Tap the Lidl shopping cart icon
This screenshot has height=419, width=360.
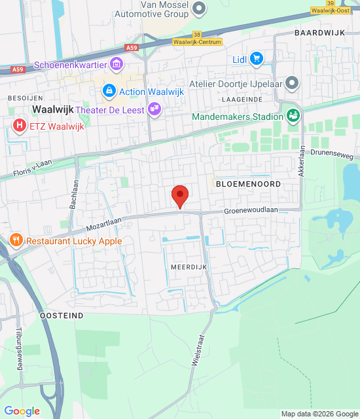(256, 60)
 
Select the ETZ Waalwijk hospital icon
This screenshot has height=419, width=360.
(20, 126)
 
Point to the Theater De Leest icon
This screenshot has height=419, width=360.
(154, 109)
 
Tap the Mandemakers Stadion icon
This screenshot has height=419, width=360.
(293, 117)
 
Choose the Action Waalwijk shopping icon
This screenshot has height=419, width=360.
(109, 91)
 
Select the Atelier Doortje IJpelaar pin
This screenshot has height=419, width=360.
(292, 82)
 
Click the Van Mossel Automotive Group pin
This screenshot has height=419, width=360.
(199, 8)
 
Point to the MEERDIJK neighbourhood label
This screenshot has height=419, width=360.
(189, 268)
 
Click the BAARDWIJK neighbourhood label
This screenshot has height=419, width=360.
(319, 32)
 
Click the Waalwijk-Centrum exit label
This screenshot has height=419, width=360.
(197, 42)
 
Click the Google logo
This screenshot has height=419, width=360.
(22, 411)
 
